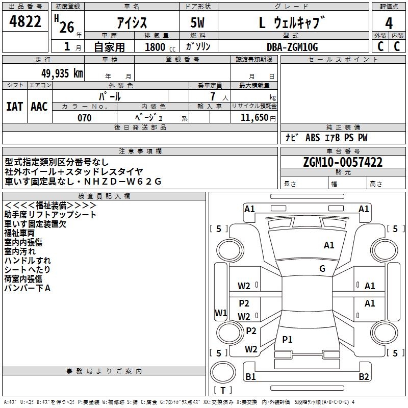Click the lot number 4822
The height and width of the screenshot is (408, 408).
coord(25,21)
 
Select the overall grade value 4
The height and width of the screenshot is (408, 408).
coord(389,23)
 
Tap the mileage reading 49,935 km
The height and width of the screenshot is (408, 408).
coord(62,73)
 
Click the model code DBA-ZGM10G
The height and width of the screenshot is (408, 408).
coord(292,47)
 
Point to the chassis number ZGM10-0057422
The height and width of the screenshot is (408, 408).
coord(343,162)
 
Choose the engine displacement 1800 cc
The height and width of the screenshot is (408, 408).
coord(160,47)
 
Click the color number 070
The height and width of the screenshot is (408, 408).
coord(84,118)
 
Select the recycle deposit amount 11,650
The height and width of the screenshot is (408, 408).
coord(254,118)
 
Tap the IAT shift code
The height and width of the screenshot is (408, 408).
coord(14,107)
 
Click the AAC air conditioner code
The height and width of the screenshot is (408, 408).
coord(39,107)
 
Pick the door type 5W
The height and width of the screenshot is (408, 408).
coord(197,22)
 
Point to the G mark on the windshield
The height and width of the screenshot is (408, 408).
coord(322,269)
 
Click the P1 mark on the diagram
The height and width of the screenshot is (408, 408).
coord(287,339)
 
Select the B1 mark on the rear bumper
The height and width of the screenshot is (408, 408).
coord(250,377)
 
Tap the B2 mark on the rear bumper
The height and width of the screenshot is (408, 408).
coord(364,377)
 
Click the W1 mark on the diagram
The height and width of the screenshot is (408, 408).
coord(221,313)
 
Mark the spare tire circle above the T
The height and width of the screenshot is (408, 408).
coord(223,372)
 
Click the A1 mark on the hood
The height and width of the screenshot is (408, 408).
coord(329,245)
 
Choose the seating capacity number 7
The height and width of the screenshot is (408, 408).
coord(213,96)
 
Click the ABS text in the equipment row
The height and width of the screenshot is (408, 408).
coord(313,138)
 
